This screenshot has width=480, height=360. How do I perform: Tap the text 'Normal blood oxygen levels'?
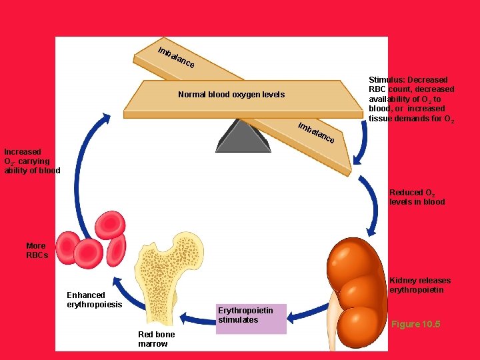(231, 95)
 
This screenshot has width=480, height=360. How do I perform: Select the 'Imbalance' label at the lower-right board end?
(316, 134)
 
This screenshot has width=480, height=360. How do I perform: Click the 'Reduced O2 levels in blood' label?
(417, 197)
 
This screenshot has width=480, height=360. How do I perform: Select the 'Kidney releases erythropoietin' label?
(419, 285)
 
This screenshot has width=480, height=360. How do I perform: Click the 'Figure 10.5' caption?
(415, 324)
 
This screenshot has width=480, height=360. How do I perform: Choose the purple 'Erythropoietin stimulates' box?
(251, 315)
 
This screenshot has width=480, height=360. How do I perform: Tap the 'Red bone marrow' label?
(156, 339)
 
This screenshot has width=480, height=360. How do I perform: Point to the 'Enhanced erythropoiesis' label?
(94, 300)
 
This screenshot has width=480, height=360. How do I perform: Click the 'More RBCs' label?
(37, 251)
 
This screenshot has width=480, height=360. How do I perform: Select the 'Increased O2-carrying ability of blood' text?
(32, 161)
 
